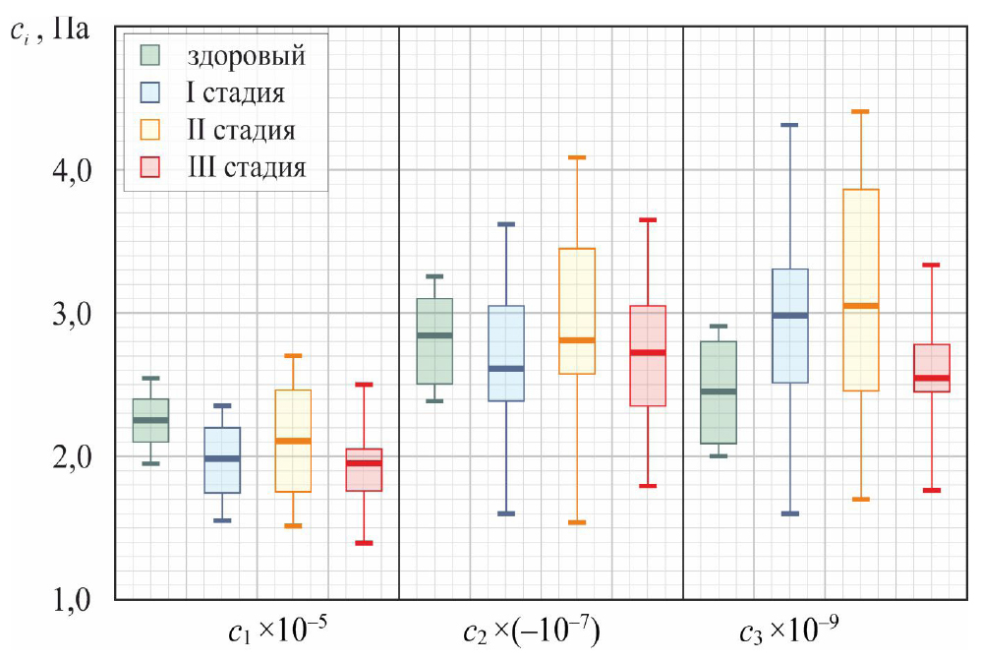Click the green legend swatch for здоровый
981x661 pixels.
(x=150, y=55)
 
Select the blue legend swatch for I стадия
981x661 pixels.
(x=150, y=92)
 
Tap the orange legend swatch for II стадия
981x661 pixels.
(x=150, y=130)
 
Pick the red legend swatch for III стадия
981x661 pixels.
(x=150, y=166)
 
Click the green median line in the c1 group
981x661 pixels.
(x=150, y=420)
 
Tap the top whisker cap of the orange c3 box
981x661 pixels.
(x=860, y=112)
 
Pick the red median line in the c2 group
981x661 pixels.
(x=648, y=352)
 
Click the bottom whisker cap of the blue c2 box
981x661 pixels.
(x=506, y=513)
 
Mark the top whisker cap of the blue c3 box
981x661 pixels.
(x=789, y=125)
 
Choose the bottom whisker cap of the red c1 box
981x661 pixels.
(x=364, y=543)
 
